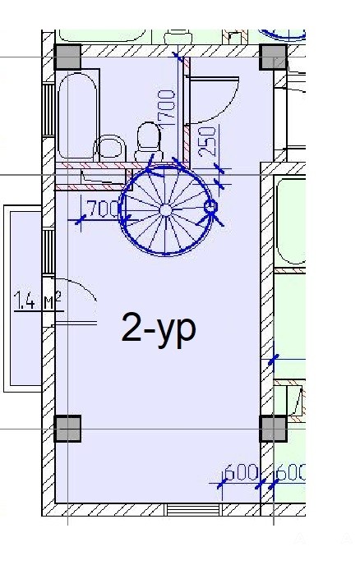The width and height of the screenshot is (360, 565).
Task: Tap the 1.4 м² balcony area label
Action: (38, 301)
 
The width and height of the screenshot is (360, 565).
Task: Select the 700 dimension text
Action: (103, 209)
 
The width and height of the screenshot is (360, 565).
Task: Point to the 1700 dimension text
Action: (166, 108)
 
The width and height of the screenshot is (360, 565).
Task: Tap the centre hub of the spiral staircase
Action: (165, 209)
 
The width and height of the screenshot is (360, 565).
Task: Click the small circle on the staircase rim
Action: (210, 207)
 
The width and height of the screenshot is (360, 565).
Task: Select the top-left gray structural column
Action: (67, 57)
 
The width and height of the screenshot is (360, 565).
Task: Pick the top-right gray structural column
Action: (274, 57)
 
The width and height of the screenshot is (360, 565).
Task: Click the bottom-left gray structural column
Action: (67, 429)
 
